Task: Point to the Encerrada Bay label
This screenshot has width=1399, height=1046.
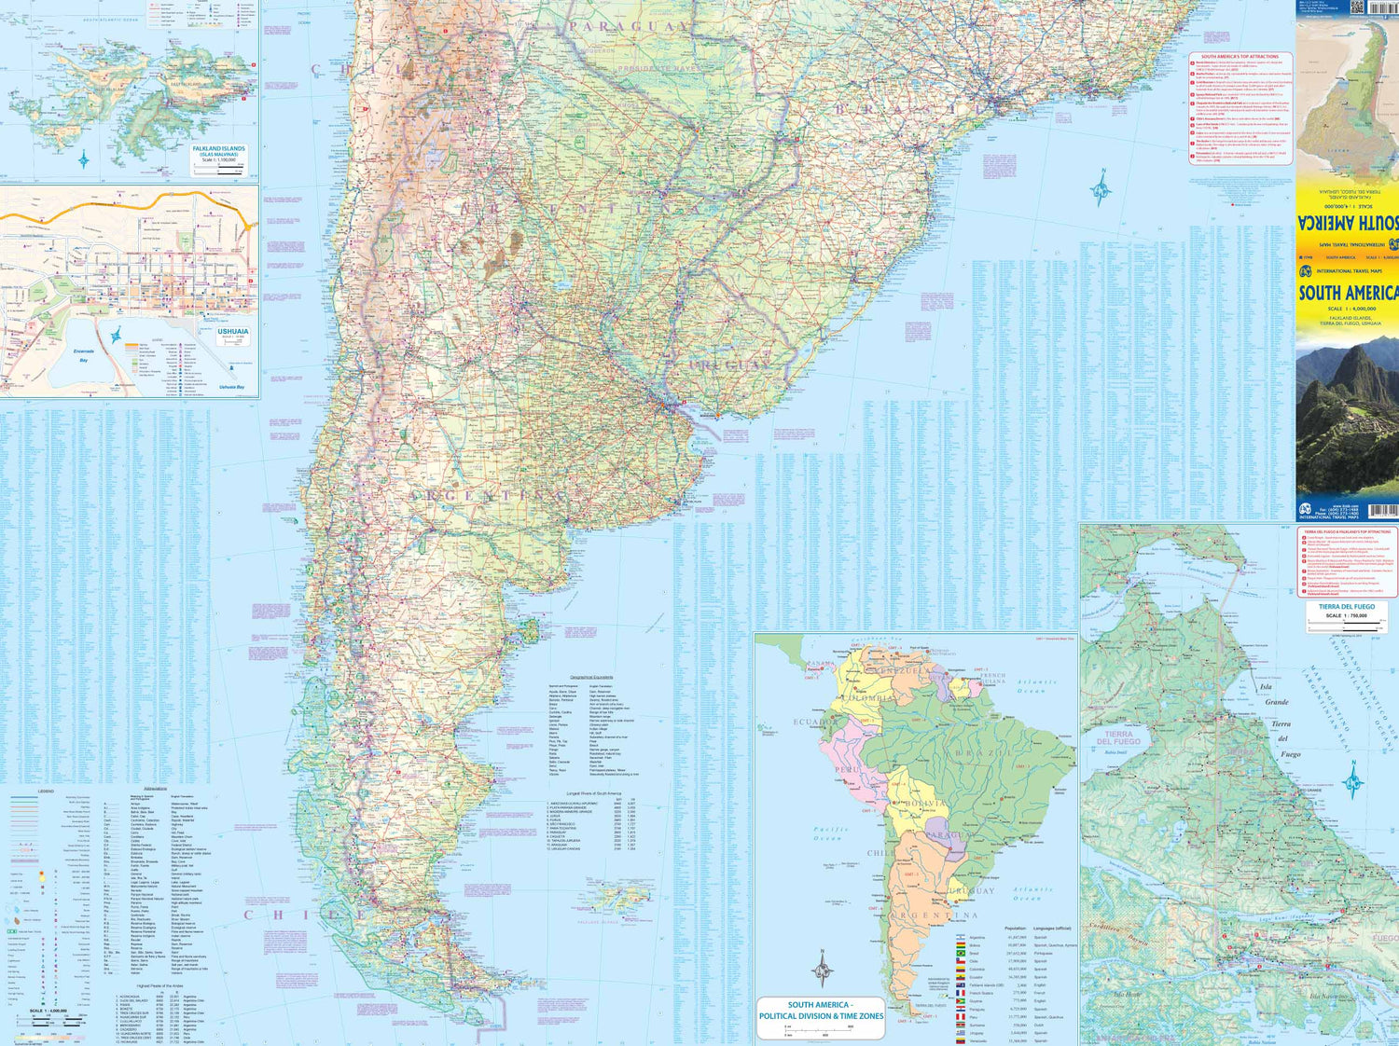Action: [84, 355]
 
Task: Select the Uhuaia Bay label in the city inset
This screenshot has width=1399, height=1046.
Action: [231, 387]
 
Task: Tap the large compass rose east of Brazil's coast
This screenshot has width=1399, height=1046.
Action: [1101, 188]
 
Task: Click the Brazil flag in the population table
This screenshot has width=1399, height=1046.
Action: [960, 954]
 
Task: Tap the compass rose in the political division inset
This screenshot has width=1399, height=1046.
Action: [822, 968]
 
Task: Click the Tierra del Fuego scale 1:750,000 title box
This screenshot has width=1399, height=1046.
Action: [1347, 612]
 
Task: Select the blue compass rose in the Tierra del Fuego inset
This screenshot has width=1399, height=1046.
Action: [1354, 778]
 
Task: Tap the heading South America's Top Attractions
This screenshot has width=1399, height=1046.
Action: [1240, 57]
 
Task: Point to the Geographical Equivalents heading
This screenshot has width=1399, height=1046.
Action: [591, 677]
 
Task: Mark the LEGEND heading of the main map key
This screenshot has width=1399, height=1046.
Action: [46, 791]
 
